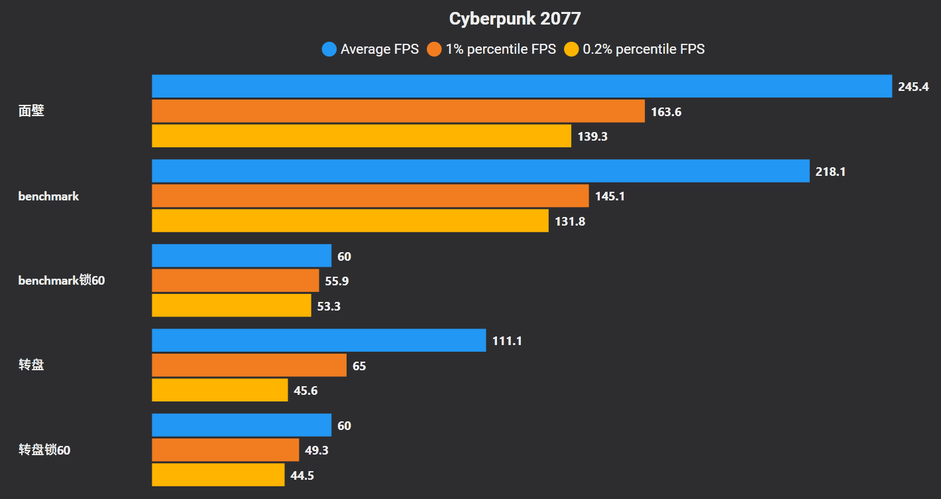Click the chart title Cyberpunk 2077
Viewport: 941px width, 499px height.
pyautogui.click(x=515, y=19)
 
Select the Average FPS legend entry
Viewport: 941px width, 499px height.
pyautogui.click(x=370, y=49)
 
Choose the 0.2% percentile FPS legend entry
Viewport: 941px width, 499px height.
pyautogui.click(x=634, y=49)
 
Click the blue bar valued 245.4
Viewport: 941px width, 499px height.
pyautogui.click(x=522, y=86)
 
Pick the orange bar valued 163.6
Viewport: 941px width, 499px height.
pyautogui.click(x=398, y=111)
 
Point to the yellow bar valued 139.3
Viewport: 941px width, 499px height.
pyautogui.click(x=361, y=136)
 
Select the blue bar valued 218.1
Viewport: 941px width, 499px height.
pyautogui.click(x=480, y=171)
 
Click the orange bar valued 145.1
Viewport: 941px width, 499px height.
pyautogui.click(x=370, y=196)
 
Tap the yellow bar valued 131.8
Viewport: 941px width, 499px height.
pyautogui.click(x=350, y=221)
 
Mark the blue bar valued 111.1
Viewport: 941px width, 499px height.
pyautogui.click(x=319, y=340)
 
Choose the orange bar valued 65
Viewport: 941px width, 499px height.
pyautogui.click(x=249, y=365)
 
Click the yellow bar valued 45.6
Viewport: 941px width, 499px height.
pyautogui.click(x=219, y=390)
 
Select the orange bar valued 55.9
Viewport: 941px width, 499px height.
pyautogui.click(x=235, y=281)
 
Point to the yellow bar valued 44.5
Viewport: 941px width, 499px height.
pyautogui.click(x=218, y=474)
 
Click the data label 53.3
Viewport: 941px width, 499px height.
pyautogui.click(x=329, y=306)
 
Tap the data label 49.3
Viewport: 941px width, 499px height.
pyautogui.click(x=317, y=451)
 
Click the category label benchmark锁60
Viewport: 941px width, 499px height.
pyautogui.click(x=62, y=281)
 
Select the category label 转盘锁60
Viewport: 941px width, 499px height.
pyautogui.click(x=44, y=450)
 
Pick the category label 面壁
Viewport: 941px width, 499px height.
pyautogui.click(x=31, y=111)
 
